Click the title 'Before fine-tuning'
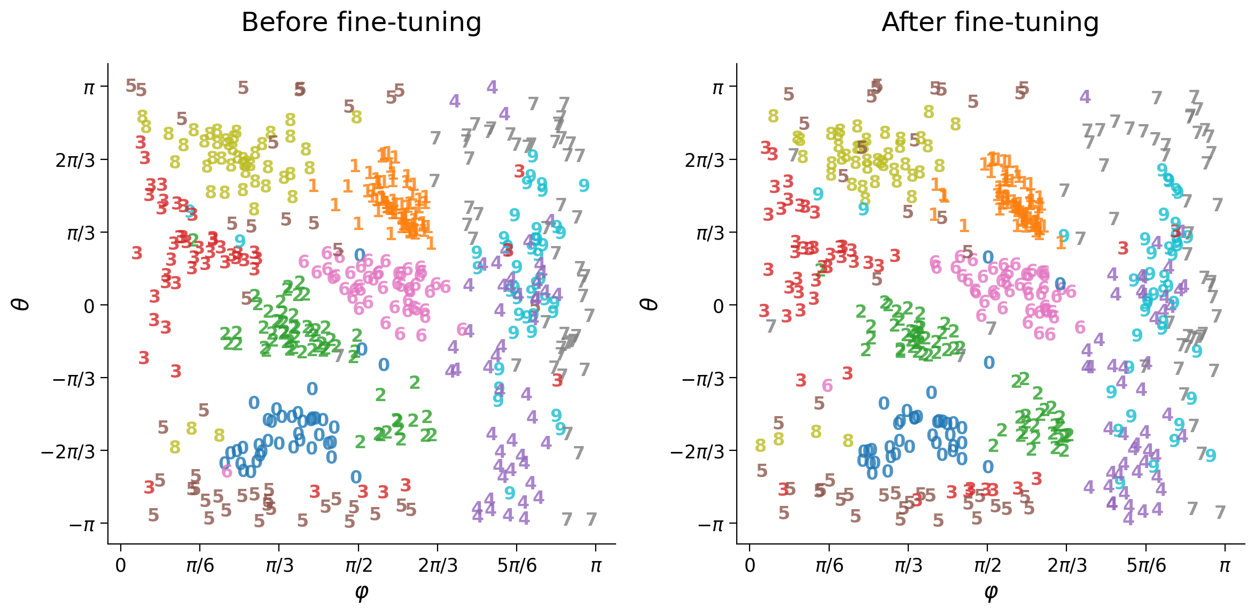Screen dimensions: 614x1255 coord(361,22)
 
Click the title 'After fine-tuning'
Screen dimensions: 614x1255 coord(990,22)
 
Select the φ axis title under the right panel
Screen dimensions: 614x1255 coord(990,592)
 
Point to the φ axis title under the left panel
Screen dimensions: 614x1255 coord(361,592)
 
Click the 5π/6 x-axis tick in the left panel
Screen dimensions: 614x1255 coord(517,565)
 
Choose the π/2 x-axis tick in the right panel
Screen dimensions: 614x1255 coord(987,565)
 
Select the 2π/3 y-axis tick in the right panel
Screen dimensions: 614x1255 coord(705,160)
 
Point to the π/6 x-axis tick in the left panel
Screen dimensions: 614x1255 coord(200,565)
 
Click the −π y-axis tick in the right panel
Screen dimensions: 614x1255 coord(710,525)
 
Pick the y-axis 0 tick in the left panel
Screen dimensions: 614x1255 coord(89,306)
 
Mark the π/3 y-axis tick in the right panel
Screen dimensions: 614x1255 coord(710,233)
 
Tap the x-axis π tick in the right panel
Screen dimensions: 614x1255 coord(1225,565)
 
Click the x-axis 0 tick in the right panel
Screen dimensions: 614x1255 coord(750,565)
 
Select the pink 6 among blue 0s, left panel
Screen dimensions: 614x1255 coord(227,471)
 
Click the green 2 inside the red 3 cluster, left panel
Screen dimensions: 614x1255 coord(193,240)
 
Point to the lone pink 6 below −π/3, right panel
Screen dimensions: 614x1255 coord(827,385)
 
